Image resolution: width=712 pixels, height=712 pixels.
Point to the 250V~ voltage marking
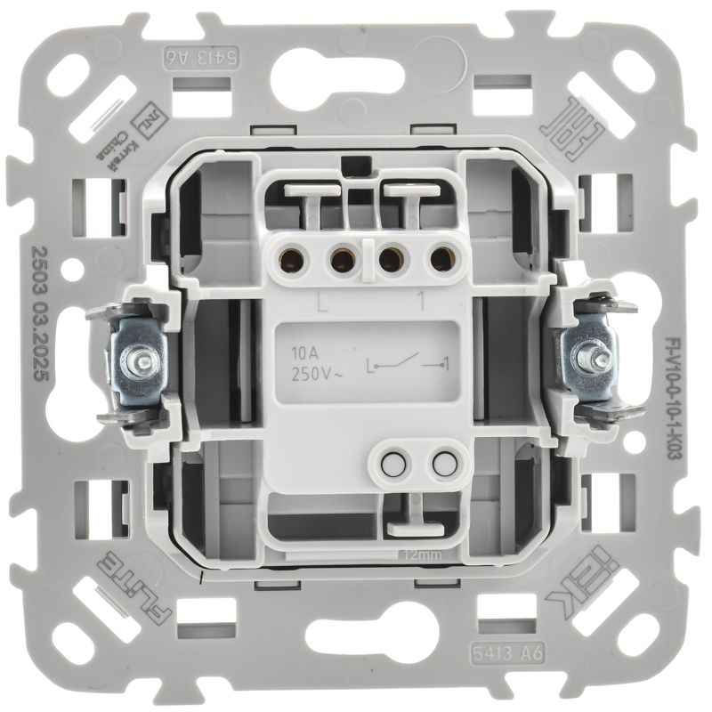click(311, 372)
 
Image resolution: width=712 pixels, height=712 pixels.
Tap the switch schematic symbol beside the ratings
click(405, 364)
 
